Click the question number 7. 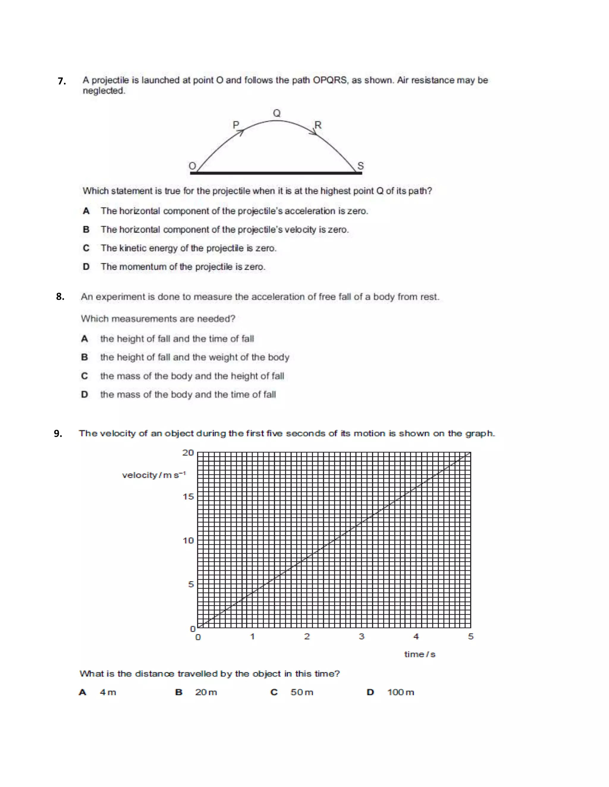click(x=62, y=81)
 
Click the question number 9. click(x=58, y=434)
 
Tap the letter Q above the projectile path click(x=277, y=113)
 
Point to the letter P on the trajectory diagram click(x=236, y=125)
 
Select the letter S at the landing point click(x=360, y=166)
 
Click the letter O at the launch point click(x=193, y=166)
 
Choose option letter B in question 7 click(x=86, y=230)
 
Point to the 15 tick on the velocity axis click(x=188, y=497)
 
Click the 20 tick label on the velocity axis click(x=188, y=453)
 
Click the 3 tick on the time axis click(x=362, y=637)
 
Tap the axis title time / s click(x=420, y=654)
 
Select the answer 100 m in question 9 click(x=401, y=693)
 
